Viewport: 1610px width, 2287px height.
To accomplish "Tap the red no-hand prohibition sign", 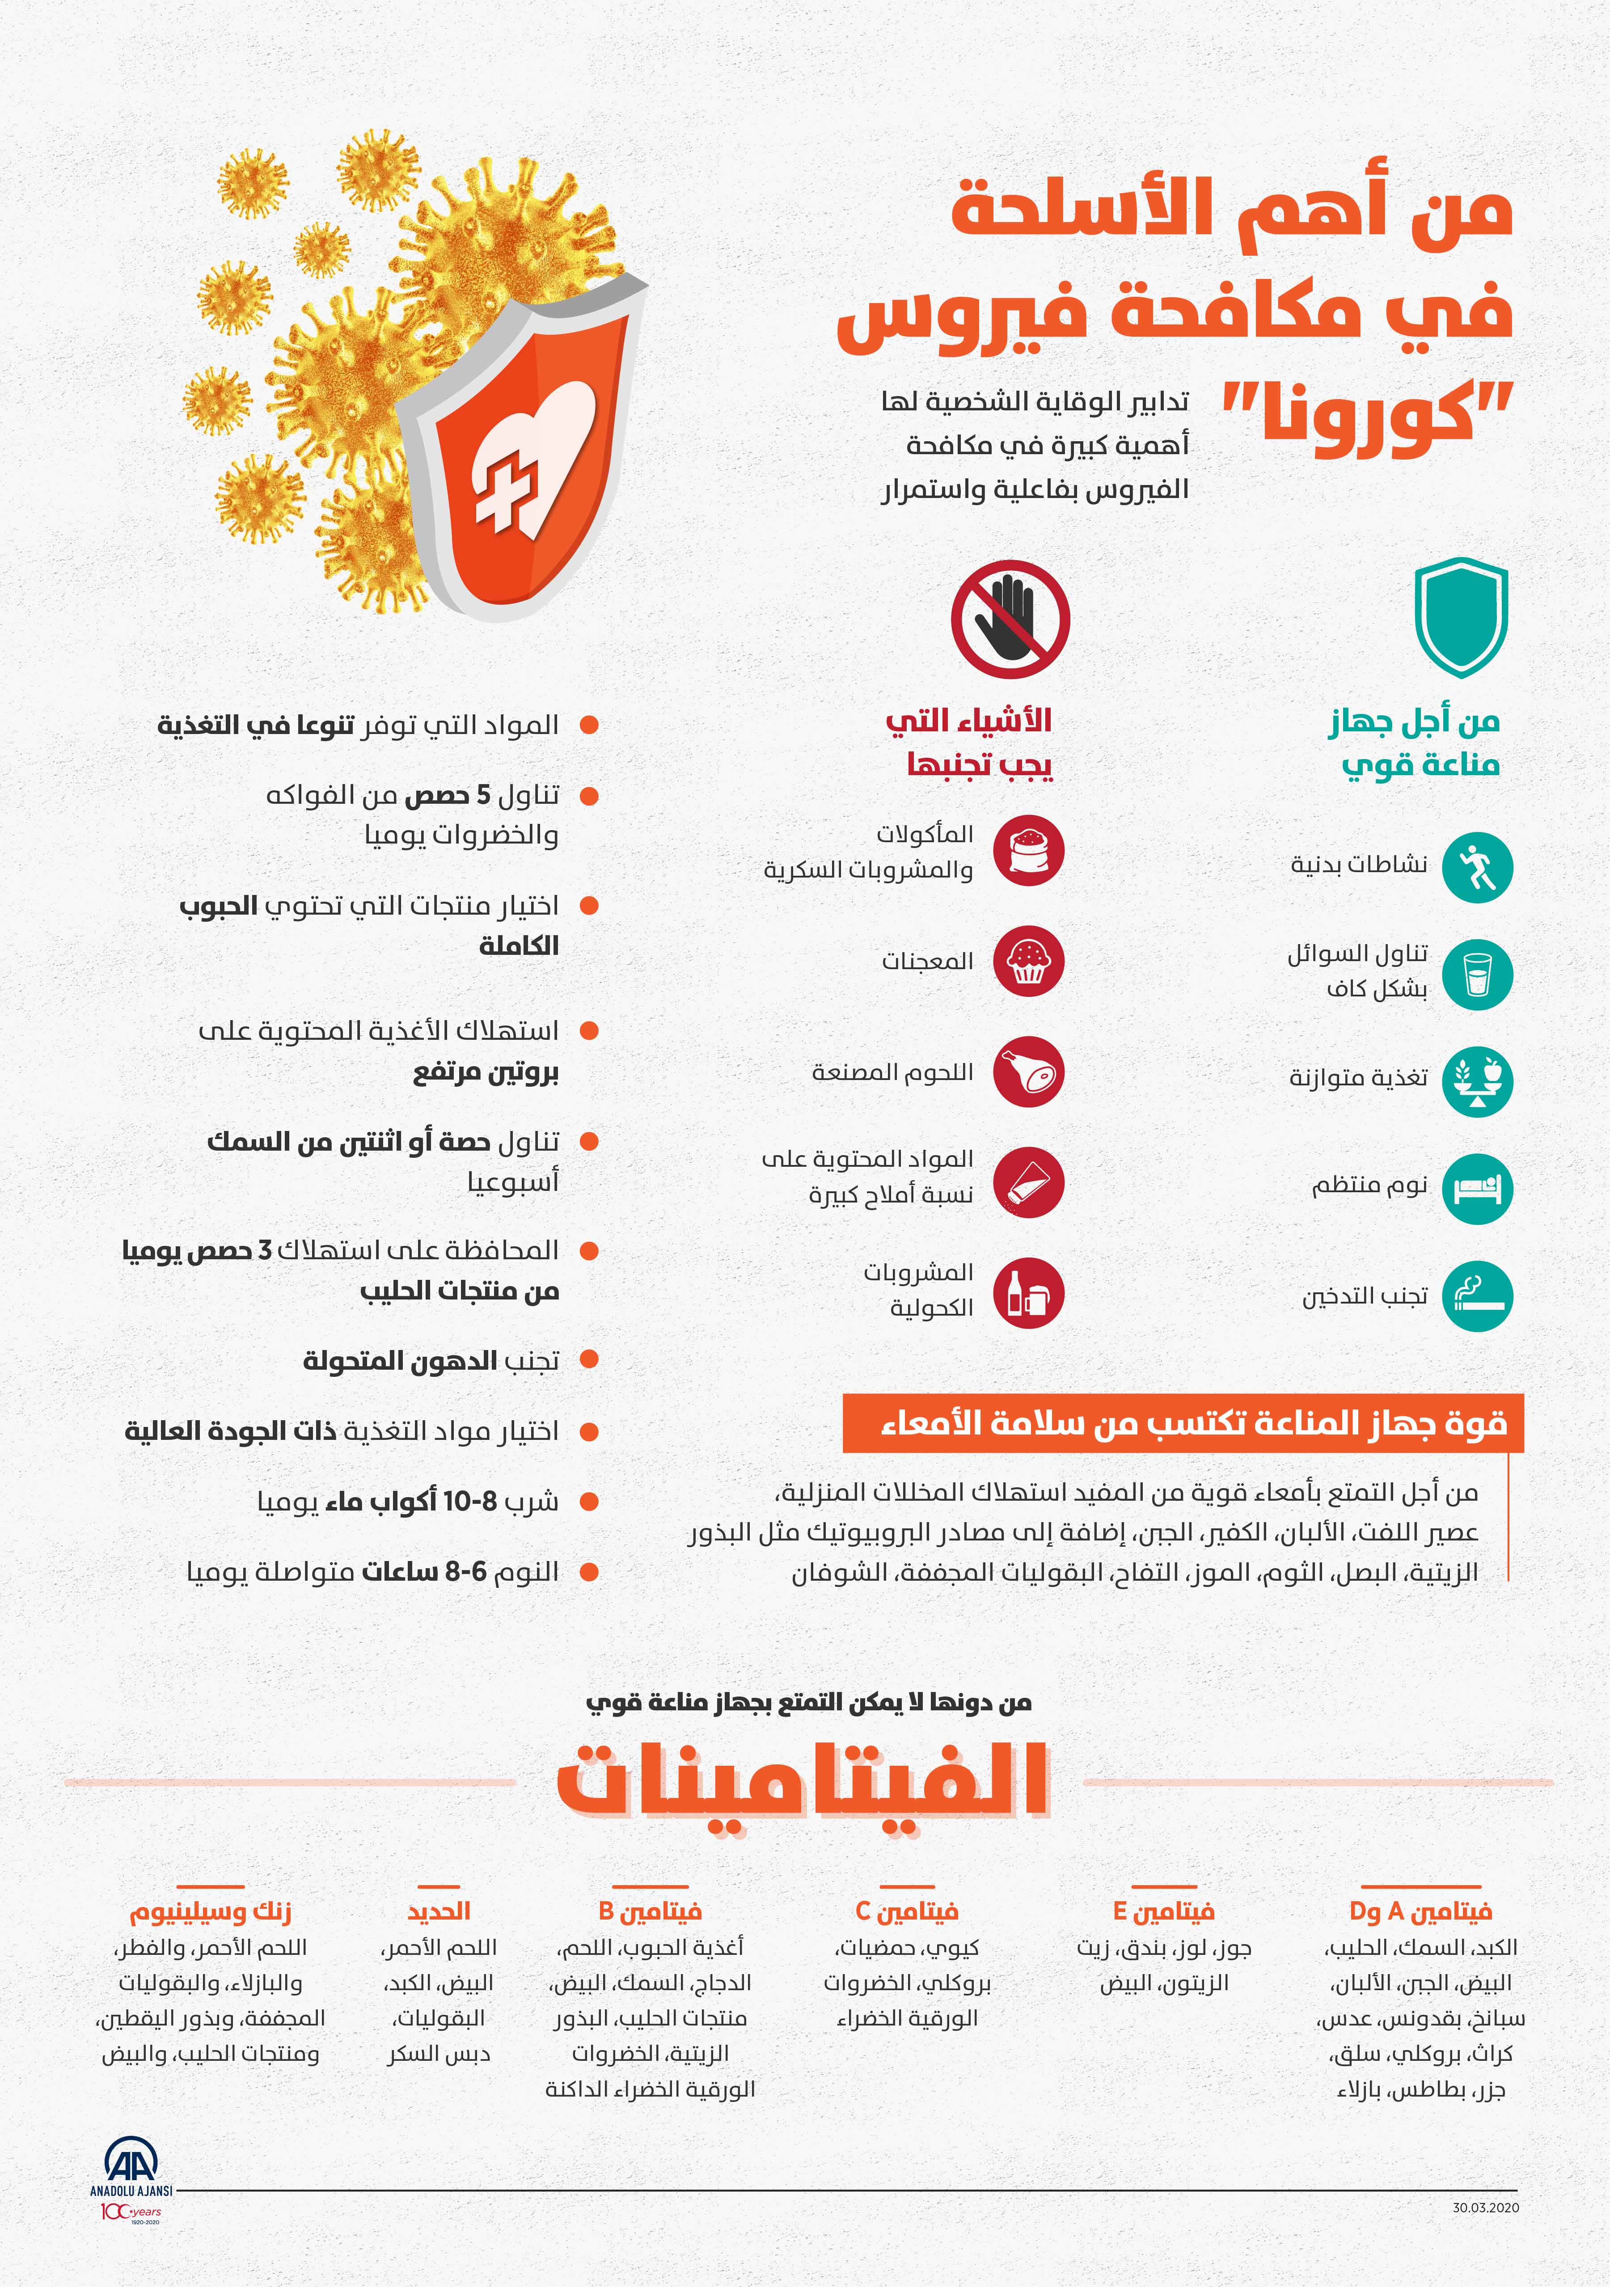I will [x=1010, y=619].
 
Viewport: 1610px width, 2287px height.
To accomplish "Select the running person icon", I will [x=1476, y=868].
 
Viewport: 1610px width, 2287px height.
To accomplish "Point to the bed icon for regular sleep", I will [x=1476, y=1188].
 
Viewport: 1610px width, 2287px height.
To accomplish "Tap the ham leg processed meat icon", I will [x=1028, y=1072].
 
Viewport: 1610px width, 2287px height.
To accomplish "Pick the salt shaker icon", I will [x=1028, y=1182].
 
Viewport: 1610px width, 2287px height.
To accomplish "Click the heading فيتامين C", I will [x=907, y=1911].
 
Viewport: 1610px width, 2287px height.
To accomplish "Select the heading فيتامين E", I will [x=1164, y=1911].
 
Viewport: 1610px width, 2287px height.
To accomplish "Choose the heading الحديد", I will [x=438, y=1911].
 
